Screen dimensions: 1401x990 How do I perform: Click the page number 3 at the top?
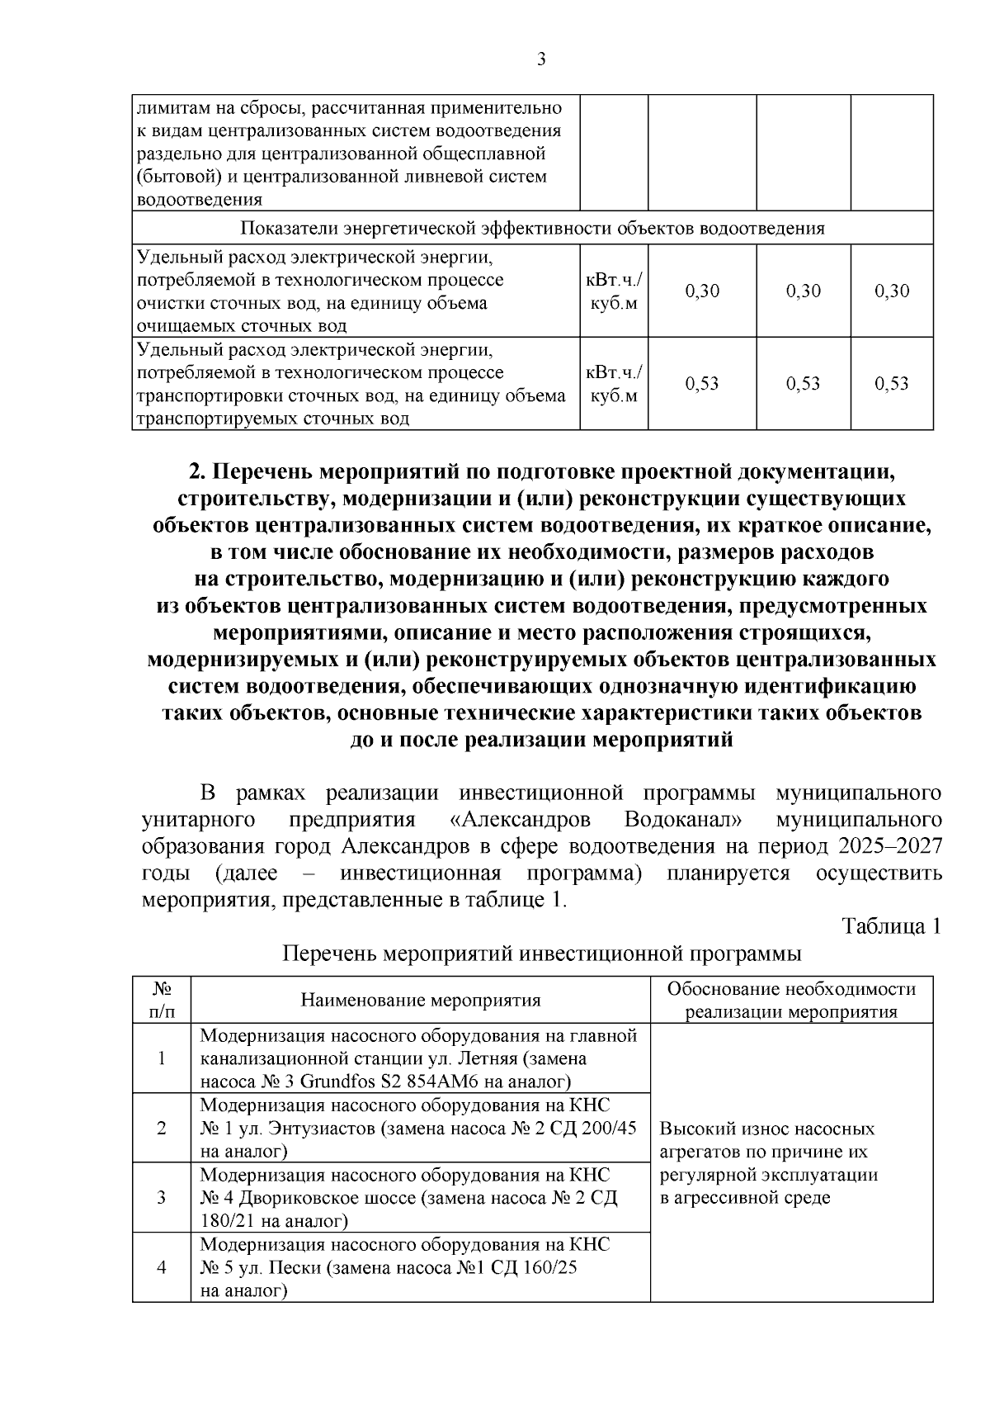click(x=540, y=59)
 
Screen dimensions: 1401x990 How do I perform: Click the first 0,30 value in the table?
click(x=702, y=291)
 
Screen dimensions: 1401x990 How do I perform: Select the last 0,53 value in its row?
click(x=892, y=383)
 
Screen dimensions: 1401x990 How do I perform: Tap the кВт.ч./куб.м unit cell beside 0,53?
click(x=614, y=384)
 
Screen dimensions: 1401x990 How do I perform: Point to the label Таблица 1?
click(x=890, y=926)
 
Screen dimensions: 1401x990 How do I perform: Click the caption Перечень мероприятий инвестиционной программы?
click(x=542, y=954)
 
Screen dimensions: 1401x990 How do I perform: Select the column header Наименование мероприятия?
click(x=421, y=1001)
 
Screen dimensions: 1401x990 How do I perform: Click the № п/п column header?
click(x=162, y=1000)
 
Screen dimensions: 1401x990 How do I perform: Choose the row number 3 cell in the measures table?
click(x=162, y=1197)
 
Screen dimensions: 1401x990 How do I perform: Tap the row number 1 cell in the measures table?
click(x=162, y=1058)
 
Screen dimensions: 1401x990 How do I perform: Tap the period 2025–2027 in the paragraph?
click(x=890, y=847)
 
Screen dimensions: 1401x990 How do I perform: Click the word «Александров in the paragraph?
click(x=527, y=820)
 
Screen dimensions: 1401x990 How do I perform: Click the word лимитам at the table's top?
click(x=165, y=108)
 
